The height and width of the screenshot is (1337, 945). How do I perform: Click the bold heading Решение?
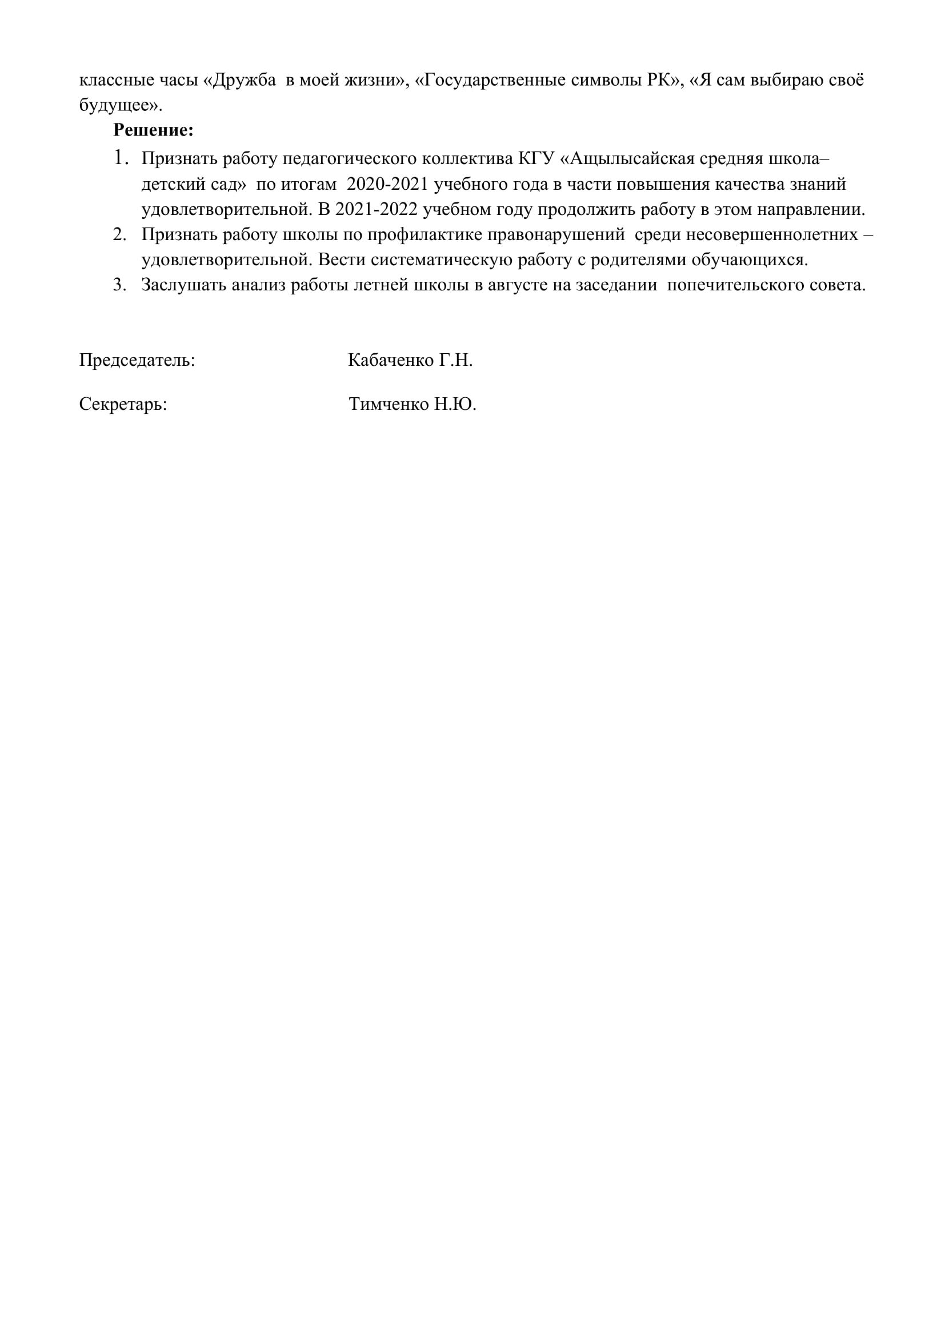click(153, 130)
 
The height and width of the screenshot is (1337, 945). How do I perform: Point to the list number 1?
click(121, 157)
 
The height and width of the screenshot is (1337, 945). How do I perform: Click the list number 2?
click(120, 235)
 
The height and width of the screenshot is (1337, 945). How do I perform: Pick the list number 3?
click(120, 285)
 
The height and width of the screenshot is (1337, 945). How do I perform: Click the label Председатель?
click(137, 361)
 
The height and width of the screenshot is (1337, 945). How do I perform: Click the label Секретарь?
click(123, 404)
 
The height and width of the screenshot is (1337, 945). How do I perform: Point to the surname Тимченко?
click(389, 404)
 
